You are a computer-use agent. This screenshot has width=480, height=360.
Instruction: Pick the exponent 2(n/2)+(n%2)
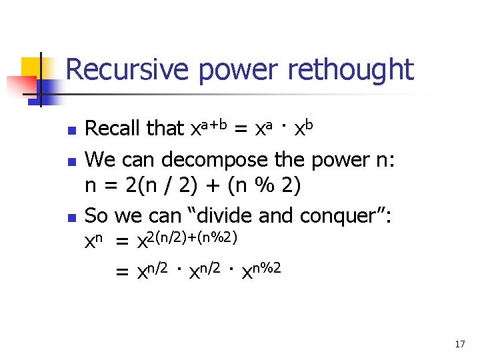coord(194,237)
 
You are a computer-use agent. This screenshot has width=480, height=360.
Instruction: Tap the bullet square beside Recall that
coord(73,129)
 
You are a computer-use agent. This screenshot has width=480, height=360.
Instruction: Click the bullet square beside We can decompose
coord(73,160)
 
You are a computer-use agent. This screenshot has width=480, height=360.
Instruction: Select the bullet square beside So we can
coord(73,217)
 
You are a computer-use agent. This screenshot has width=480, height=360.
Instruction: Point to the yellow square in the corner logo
coord(32,67)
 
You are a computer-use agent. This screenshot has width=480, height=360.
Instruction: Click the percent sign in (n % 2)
coord(265,187)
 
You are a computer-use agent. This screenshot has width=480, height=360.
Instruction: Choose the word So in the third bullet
coord(97,216)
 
